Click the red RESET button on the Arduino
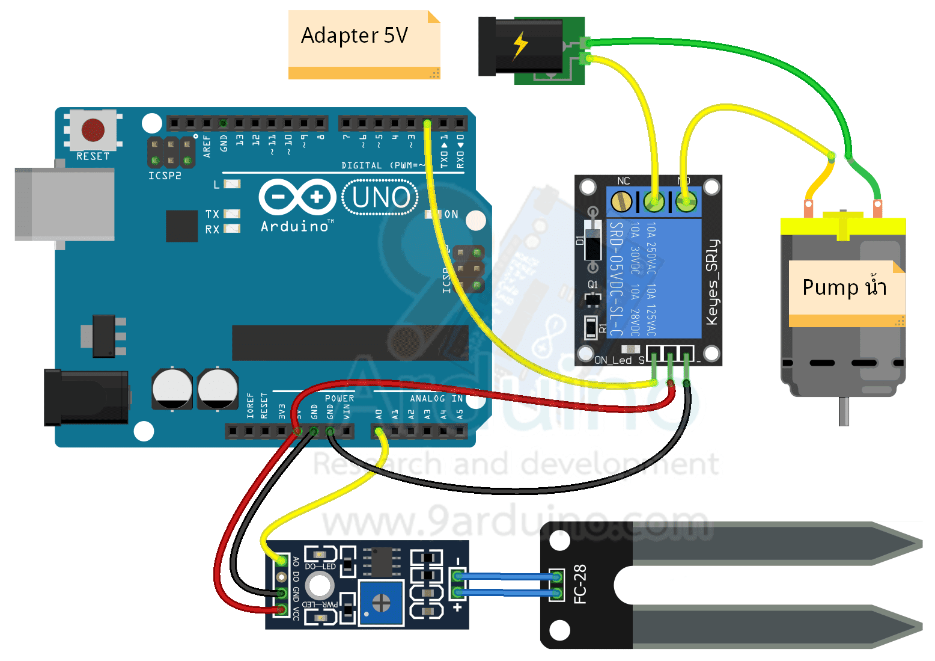93,129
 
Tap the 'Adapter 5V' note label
355,35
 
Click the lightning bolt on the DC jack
520,45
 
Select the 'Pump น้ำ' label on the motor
844,287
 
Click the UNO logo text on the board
381,197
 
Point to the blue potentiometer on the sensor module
380,602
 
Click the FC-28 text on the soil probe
580,583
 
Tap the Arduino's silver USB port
64,204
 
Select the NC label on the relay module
624,181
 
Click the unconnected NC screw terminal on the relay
621,201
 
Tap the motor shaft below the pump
844,411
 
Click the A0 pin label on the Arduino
379,414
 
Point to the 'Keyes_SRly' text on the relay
712,282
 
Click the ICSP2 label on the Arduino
165,176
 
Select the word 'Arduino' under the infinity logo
295,226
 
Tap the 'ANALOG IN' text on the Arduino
436,398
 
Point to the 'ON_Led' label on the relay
613,360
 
